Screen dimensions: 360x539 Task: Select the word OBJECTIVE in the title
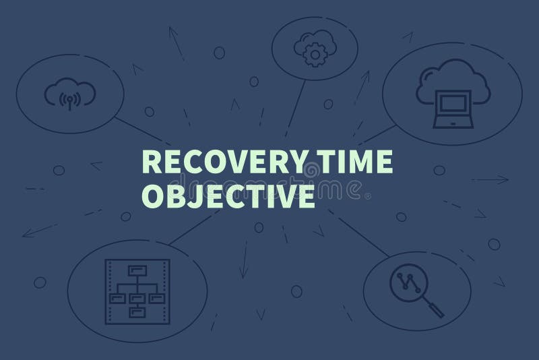(226, 197)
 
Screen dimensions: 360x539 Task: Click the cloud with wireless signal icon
(69, 95)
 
